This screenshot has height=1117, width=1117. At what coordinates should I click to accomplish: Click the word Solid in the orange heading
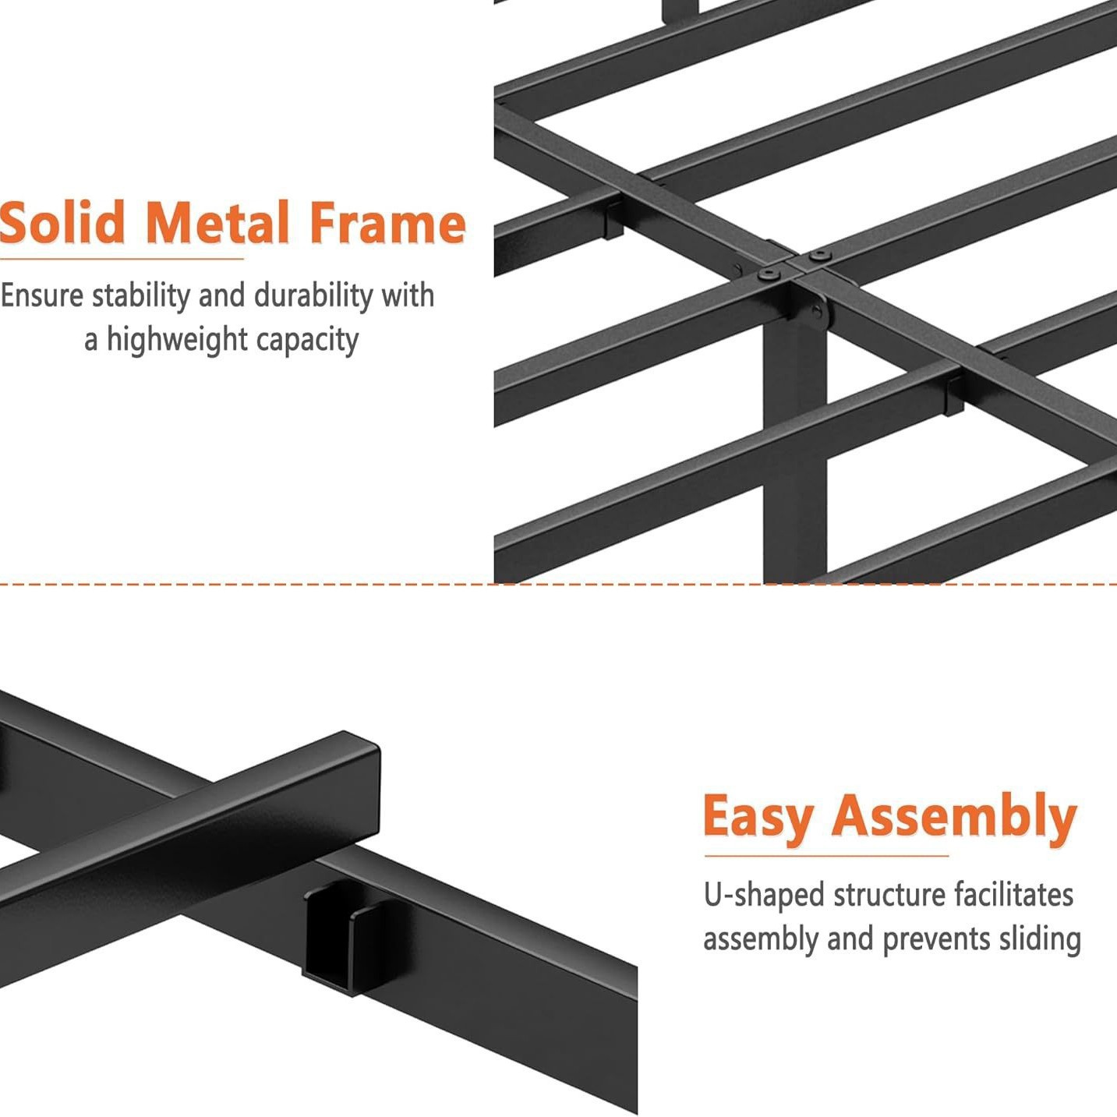pos(62,224)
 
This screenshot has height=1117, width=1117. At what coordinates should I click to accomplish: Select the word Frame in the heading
pos(387,224)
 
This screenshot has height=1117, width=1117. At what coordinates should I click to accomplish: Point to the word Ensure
pos(41,296)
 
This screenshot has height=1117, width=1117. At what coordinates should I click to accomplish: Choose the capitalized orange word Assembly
pos(954,818)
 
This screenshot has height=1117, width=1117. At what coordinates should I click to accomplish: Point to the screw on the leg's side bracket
pos(816,313)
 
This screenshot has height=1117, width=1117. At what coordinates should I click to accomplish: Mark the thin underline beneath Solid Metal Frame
pos(122,258)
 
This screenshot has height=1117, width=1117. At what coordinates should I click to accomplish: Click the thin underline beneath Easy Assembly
pos(826,855)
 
